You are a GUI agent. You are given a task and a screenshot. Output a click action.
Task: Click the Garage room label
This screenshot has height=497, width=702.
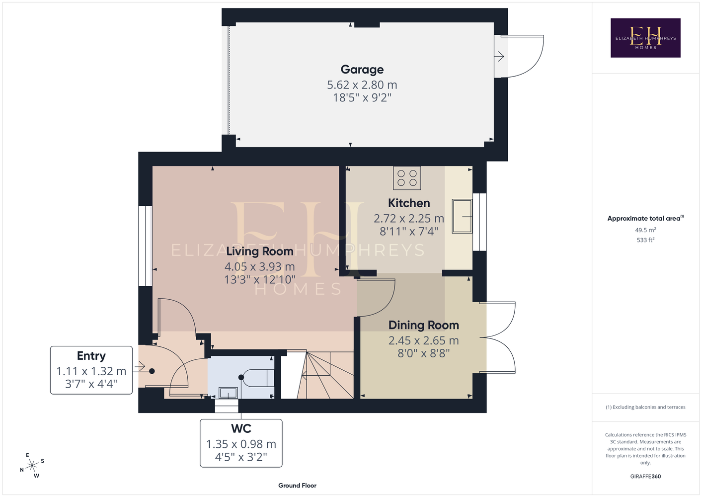tap(362, 70)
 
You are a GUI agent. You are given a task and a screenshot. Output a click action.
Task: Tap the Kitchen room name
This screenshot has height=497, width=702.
tap(409, 203)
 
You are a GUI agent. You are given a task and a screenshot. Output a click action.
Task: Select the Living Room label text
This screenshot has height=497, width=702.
tap(260, 251)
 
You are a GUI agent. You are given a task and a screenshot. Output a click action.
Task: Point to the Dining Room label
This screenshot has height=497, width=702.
tap(424, 325)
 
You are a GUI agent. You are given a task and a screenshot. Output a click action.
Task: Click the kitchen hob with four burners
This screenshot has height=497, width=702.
tap(407, 178)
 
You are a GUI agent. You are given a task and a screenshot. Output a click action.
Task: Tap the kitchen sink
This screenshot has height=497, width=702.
tap(462, 216)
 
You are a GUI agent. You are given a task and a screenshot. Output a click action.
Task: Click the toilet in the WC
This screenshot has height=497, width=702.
tap(257, 378)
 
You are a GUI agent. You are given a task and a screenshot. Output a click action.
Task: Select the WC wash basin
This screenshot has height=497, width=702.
tap(228, 393)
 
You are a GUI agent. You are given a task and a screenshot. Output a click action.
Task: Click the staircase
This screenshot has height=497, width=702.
tap(317, 375)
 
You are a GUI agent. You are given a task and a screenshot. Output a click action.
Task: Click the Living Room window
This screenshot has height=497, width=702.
tap(146, 246)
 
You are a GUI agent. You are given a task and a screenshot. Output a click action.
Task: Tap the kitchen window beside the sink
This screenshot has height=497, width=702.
tap(479, 222)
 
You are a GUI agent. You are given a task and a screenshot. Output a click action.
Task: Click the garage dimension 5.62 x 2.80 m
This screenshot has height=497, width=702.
tap(362, 85)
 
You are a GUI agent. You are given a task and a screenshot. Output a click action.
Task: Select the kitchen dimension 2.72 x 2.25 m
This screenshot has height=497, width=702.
tap(409, 218)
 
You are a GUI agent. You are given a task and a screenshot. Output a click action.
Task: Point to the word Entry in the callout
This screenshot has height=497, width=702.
tap(91, 356)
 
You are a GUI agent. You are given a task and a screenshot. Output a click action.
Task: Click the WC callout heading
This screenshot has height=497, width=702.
tap(241, 428)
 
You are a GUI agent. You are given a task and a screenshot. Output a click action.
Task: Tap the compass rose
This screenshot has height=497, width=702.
tap(32, 466)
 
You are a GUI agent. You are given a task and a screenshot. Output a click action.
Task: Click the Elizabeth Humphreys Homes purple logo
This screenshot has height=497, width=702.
tap(645, 38)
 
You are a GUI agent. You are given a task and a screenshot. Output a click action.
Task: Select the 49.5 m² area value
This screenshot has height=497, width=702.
tap(645, 230)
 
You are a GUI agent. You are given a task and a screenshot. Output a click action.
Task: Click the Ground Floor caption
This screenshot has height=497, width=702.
tap(298, 486)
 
